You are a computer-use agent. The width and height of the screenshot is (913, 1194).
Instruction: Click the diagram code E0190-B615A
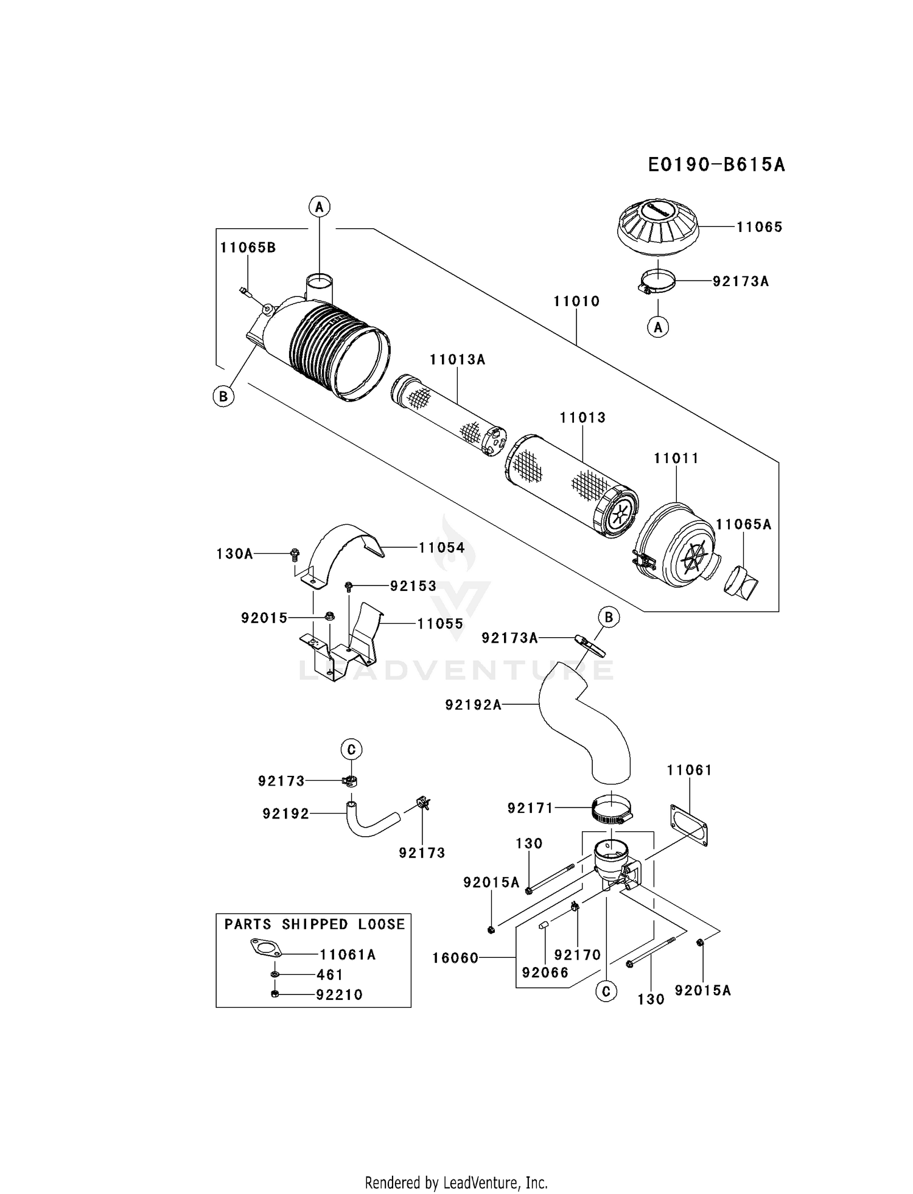point(716,164)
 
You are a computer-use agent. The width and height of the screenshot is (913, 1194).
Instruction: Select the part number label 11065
point(759,227)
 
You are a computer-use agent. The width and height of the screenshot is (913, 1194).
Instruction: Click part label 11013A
point(457,360)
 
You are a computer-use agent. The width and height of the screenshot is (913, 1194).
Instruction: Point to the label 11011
point(676,458)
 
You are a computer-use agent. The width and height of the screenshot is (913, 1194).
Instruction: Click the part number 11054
point(441,548)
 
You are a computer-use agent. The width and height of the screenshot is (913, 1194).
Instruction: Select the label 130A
point(234,554)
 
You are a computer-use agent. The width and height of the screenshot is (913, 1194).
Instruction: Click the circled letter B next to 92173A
point(608,617)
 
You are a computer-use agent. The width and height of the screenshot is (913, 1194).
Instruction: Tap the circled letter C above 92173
point(351,750)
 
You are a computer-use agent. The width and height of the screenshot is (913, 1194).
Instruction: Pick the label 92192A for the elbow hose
point(473,705)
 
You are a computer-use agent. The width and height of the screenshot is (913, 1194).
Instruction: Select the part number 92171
point(530,808)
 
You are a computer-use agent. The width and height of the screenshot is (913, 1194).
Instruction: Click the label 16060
point(455,958)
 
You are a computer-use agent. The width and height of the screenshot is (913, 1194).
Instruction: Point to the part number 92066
point(545,972)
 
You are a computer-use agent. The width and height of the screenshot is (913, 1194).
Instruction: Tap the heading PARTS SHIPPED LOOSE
point(314,924)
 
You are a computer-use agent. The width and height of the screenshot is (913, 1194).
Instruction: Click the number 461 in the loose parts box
point(330,975)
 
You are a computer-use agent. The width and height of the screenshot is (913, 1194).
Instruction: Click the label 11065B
point(248,248)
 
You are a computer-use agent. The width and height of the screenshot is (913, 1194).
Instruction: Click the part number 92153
point(413,586)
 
